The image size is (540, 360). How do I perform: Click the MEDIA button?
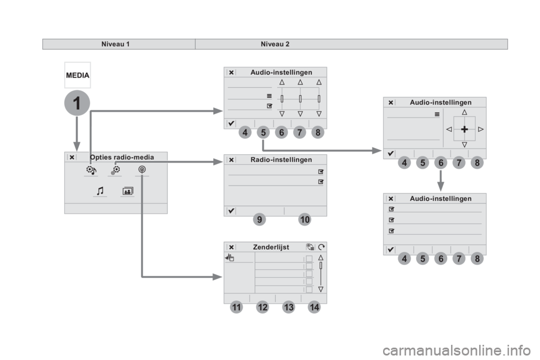[78, 75]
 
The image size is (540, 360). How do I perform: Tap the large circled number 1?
[77, 103]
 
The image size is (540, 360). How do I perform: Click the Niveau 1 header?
[115, 44]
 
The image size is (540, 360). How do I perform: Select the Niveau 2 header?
[275, 44]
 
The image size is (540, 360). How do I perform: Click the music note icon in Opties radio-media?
[100, 191]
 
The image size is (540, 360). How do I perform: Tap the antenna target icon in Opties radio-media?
[142, 169]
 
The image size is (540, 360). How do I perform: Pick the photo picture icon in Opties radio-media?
[128, 191]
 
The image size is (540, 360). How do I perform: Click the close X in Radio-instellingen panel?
[231, 160]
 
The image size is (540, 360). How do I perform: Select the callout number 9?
[259, 219]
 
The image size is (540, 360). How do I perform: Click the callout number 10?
[305, 219]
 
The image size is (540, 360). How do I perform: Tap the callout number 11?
[236, 307]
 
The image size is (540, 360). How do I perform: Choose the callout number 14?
[314, 307]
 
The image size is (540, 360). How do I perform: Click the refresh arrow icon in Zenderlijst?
[321, 247]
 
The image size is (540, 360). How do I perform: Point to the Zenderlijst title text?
[271, 247]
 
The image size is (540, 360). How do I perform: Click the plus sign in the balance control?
[464, 129]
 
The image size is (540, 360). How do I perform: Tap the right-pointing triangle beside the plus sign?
[481, 129]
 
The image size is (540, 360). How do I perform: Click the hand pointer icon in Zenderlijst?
[229, 257]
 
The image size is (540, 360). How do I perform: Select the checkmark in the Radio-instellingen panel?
[231, 210]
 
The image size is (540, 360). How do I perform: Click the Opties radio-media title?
[122, 157]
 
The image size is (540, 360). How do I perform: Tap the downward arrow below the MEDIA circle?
[77, 134]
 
